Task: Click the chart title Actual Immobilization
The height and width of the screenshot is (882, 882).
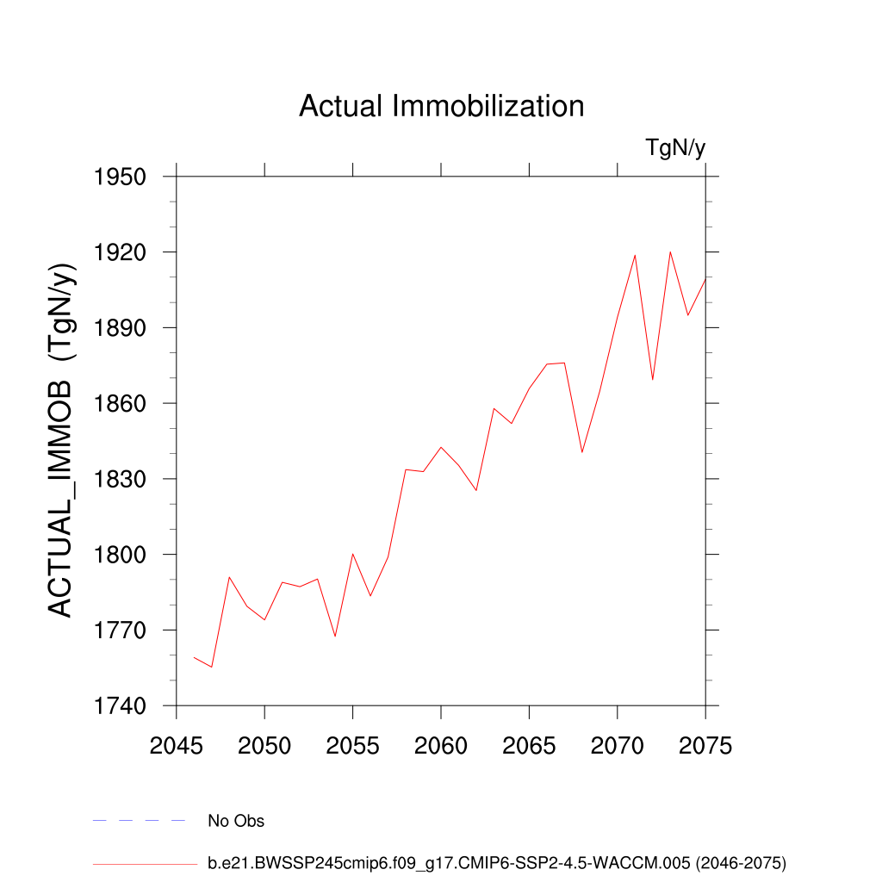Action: pyautogui.click(x=441, y=106)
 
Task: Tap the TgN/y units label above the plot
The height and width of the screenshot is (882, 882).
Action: pyautogui.click(x=675, y=148)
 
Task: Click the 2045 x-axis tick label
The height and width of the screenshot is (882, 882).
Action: pyautogui.click(x=177, y=746)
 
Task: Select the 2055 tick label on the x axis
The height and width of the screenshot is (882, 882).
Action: pyautogui.click(x=352, y=746)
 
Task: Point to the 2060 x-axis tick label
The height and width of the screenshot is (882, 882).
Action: pyautogui.click(x=441, y=746)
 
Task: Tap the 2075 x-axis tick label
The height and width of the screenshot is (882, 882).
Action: pyautogui.click(x=705, y=746)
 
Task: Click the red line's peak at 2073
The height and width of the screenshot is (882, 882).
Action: pyautogui.click(x=670, y=252)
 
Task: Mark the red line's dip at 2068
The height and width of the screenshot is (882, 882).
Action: pyautogui.click(x=582, y=452)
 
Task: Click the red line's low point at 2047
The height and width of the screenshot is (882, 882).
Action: pyautogui.click(x=212, y=668)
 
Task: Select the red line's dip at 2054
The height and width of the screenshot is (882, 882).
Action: pyautogui.click(x=335, y=637)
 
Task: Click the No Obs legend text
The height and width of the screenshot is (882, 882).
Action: pyautogui.click(x=236, y=821)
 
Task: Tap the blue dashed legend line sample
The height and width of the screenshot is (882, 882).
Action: pyautogui.click(x=140, y=821)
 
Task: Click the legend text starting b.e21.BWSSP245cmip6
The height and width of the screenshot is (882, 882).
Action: pyautogui.click(x=497, y=862)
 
